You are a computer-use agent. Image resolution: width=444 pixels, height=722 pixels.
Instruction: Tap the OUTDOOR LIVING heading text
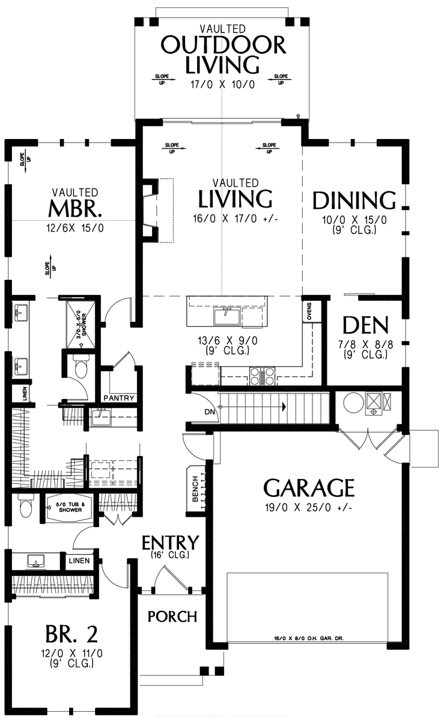pyautogui.click(x=222, y=54)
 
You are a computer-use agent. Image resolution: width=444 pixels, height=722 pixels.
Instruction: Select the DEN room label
pyautogui.click(x=365, y=326)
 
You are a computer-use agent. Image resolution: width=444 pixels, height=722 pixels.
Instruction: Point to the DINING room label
pyautogui.click(x=353, y=200)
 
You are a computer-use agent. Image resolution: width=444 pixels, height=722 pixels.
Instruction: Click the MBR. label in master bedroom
pyautogui.click(x=75, y=209)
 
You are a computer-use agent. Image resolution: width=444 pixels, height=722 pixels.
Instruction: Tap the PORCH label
pyautogui.click(x=172, y=617)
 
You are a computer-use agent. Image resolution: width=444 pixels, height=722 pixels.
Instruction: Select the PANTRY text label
pyautogui.click(x=119, y=398)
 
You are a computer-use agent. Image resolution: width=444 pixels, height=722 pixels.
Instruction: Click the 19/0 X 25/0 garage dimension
pyautogui.click(x=308, y=508)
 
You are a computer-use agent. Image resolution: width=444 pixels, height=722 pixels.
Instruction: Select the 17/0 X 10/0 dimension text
pyautogui.click(x=222, y=85)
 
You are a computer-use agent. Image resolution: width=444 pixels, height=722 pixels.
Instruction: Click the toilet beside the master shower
pyautogui.click(x=80, y=366)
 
